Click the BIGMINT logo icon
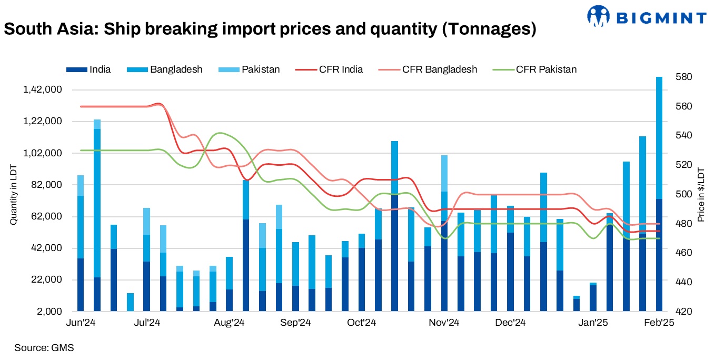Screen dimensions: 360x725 (x=598, y=16)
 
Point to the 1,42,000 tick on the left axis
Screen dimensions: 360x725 (x=43, y=90)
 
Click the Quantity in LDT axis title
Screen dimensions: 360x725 (x=13, y=194)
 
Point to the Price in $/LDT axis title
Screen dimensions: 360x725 (x=701, y=194)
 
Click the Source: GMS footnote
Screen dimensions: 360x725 (x=44, y=348)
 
